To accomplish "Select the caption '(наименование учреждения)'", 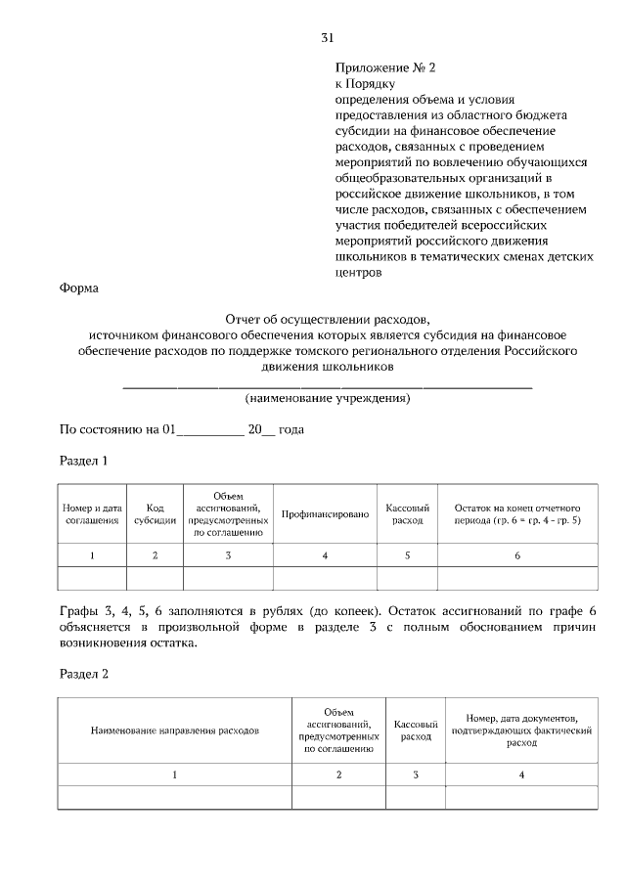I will click(x=327, y=398).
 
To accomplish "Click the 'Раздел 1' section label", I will click(x=83, y=460).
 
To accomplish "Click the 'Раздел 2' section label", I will click(x=83, y=675).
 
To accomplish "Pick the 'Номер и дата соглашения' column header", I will click(x=92, y=514).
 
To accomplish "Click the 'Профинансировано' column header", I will click(x=325, y=514).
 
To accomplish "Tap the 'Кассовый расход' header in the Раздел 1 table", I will click(x=407, y=514).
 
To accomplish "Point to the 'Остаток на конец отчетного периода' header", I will click(x=517, y=514).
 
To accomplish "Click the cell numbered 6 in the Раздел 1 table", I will click(x=517, y=555).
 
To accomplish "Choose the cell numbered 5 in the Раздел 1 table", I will click(x=407, y=555).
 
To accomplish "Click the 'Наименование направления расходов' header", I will click(x=175, y=730).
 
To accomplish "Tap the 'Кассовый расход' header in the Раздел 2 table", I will click(x=416, y=730).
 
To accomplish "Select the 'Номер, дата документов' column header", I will click(x=521, y=730).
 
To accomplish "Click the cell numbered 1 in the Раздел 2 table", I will click(x=175, y=774).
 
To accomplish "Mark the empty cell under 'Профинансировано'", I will click(x=325, y=578).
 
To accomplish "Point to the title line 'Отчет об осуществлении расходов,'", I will click(x=327, y=319).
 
